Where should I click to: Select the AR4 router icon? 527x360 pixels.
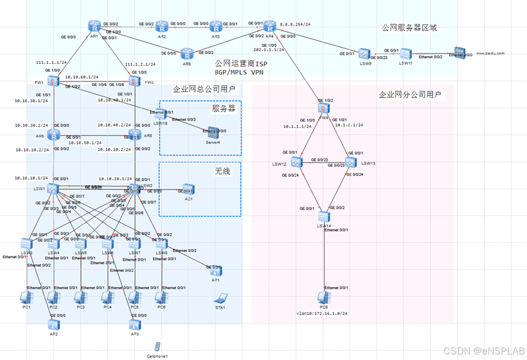coord(269,27)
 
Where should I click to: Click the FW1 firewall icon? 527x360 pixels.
coord(55,81)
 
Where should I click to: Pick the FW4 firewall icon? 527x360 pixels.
coord(323,108)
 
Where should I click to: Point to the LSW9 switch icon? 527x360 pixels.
coord(364,54)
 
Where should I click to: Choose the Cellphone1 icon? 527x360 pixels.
coord(157,346)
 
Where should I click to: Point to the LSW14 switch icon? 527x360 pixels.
coord(324,217)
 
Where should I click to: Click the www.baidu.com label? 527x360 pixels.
coord(490,54)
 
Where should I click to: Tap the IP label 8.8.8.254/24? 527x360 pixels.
coord(295,26)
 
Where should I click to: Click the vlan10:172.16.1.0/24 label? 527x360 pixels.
coord(323,313)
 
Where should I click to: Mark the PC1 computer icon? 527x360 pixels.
coord(26,297)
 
